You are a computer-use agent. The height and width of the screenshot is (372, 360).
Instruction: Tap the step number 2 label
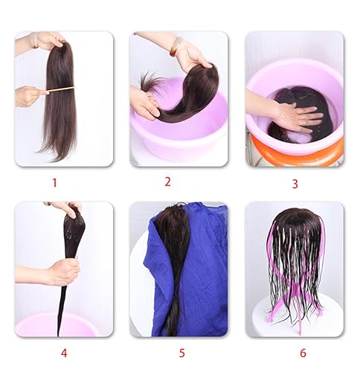click(167, 181)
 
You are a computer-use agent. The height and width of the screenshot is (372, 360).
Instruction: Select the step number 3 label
click(295, 183)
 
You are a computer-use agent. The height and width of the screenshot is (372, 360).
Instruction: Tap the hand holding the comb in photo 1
click(30, 95)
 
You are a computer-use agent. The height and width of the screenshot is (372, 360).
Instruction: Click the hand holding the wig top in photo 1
click(46, 39)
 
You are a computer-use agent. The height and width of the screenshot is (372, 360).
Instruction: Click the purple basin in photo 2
click(179, 138)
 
